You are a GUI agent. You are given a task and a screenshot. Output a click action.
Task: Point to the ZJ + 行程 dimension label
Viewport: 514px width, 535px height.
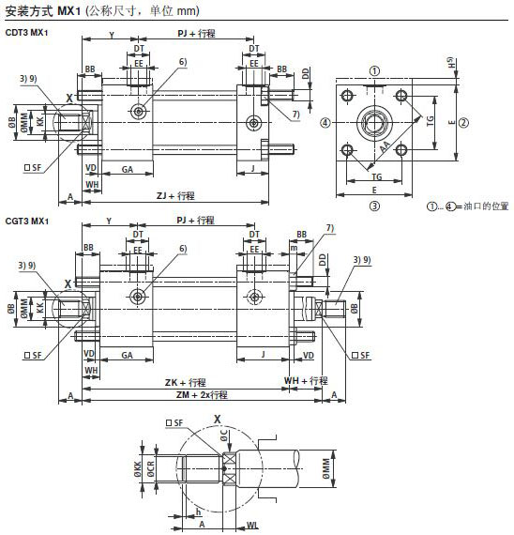tap(175, 195)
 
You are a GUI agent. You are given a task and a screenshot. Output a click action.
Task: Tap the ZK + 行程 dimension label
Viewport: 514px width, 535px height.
tap(183, 382)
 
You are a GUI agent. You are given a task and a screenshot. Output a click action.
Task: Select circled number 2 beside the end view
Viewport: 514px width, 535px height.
tap(463, 123)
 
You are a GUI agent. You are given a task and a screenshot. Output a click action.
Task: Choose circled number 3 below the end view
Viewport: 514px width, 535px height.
tap(373, 204)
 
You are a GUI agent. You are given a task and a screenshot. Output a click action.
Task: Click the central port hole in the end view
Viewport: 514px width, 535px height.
tap(375, 122)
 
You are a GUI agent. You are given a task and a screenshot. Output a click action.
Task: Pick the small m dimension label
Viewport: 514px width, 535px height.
tap(294, 247)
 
